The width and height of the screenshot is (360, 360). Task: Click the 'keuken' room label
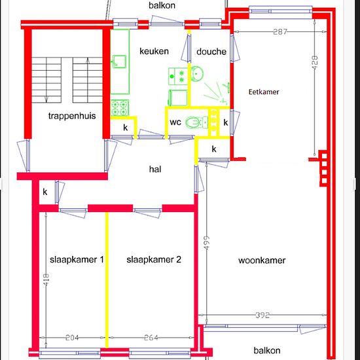(x=154, y=51)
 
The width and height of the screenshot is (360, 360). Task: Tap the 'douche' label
(x=211, y=52)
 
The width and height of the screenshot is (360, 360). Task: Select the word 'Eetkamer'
(x=264, y=92)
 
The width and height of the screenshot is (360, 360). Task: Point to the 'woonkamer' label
(x=262, y=261)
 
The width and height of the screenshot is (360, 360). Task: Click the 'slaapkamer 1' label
(x=77, y=259)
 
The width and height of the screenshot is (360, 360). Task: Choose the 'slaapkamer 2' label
(x=154, y=259)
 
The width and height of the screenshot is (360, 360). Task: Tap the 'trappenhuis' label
(x=72, y=116)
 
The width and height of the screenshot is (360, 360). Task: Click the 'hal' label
(x=155, y=170)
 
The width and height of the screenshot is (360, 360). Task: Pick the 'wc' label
(x=175, y=122)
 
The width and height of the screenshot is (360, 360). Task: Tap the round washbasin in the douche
(x=197, y=73)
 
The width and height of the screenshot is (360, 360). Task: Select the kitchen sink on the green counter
(x=119, y=62)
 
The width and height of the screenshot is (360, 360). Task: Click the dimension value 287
(x=280, y=31)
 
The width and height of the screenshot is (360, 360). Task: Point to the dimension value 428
(x=315, y=62)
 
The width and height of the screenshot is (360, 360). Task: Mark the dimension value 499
(x=207, y=242)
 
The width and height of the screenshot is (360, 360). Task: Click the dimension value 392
(x=262, y=315)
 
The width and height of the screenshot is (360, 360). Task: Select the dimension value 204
(x=72, y=338)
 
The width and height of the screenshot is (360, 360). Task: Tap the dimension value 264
(x=151, y=338)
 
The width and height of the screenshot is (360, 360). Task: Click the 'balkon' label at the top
(x=162, y=5)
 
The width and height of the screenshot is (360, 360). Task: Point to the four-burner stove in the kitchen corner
(x=119, y=108)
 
